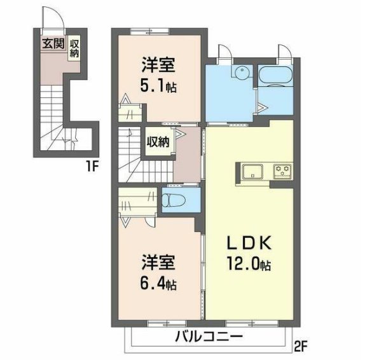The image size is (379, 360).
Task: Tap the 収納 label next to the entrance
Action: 74,48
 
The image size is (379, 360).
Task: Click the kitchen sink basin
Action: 253,171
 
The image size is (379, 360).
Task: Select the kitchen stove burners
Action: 282,170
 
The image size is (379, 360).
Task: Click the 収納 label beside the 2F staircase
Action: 158,141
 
